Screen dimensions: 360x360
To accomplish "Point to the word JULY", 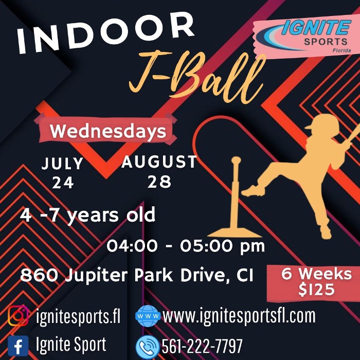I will point(63,164).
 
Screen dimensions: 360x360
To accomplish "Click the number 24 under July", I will point(63,183).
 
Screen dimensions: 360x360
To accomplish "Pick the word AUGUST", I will point(159,163).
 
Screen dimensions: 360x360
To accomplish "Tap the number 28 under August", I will point(159,182).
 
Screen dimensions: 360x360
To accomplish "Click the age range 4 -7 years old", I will point(87,215).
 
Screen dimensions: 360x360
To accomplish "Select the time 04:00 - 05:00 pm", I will point(186,246).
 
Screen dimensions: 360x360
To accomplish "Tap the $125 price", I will point(316,290).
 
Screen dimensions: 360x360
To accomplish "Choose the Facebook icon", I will point(18,344).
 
